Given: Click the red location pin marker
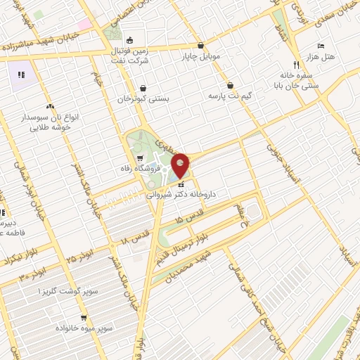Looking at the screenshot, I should click(x=181, y=165).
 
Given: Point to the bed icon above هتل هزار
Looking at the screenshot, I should click(x=321, y=45).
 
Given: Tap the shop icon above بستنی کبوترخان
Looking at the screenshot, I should click(x=143, y=88).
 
